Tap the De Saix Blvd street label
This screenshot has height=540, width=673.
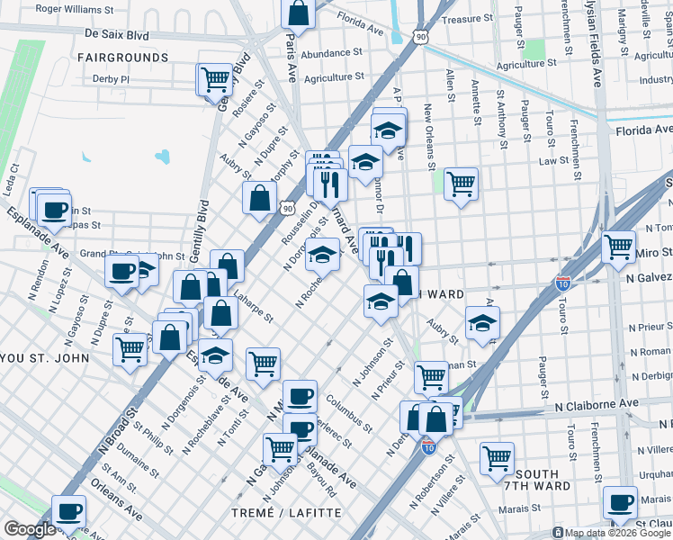tap(116, 33)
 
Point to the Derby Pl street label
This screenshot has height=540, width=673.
tap(111, 79)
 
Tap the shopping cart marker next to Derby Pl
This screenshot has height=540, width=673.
tap(215, 79)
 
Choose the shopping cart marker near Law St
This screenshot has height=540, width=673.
tap(461, 184)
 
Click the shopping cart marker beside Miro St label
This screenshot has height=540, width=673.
tap(618, 246)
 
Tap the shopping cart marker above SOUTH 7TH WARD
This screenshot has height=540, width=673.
tap(496, 457)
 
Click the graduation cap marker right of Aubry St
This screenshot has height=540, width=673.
tap(483, 322)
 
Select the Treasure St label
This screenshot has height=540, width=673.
tap(468, 18)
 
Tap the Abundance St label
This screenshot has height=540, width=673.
tap(331, 54)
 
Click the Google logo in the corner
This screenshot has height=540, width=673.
tap(29, 530)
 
